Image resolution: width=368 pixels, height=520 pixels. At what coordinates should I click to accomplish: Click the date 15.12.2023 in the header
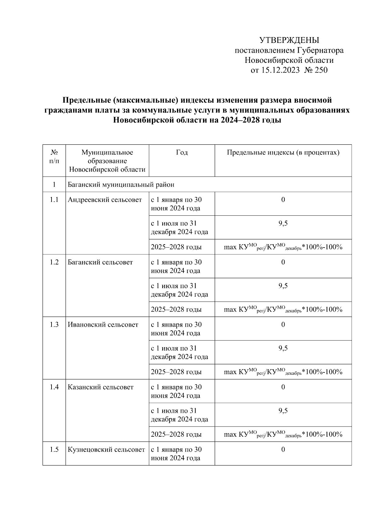click(280, 70)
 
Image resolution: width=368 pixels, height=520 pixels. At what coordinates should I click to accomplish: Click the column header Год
click(182, 153)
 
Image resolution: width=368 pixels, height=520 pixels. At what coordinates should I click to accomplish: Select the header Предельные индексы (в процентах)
click(283, 153)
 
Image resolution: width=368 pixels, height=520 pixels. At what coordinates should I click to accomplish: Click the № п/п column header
click(54, 157)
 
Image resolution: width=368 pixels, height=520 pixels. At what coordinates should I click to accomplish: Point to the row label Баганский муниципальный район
click(121, 185)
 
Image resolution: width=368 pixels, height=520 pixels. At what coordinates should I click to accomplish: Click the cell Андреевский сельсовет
click(105, 200)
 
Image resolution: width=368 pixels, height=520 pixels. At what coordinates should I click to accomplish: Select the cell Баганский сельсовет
click(100, 263)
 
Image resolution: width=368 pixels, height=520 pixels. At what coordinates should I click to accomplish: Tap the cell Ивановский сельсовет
click(103, 325)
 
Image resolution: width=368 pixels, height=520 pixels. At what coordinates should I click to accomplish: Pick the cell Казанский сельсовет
click(101, 387)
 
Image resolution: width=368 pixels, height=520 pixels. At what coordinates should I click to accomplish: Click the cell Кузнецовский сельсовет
click(106, 450)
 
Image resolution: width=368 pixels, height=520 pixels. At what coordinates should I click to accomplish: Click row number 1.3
click(54, 325)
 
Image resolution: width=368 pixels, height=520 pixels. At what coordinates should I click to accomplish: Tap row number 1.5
click(54, 450)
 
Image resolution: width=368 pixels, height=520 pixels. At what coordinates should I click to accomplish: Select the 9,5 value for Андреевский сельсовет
click(283, 224)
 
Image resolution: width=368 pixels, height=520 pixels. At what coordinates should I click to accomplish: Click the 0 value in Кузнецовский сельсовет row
click(283, 450)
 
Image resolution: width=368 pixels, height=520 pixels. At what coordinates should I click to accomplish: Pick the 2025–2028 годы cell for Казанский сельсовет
click(176, 435)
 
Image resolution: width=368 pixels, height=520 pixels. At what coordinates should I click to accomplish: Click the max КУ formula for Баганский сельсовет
click(283, 309)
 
